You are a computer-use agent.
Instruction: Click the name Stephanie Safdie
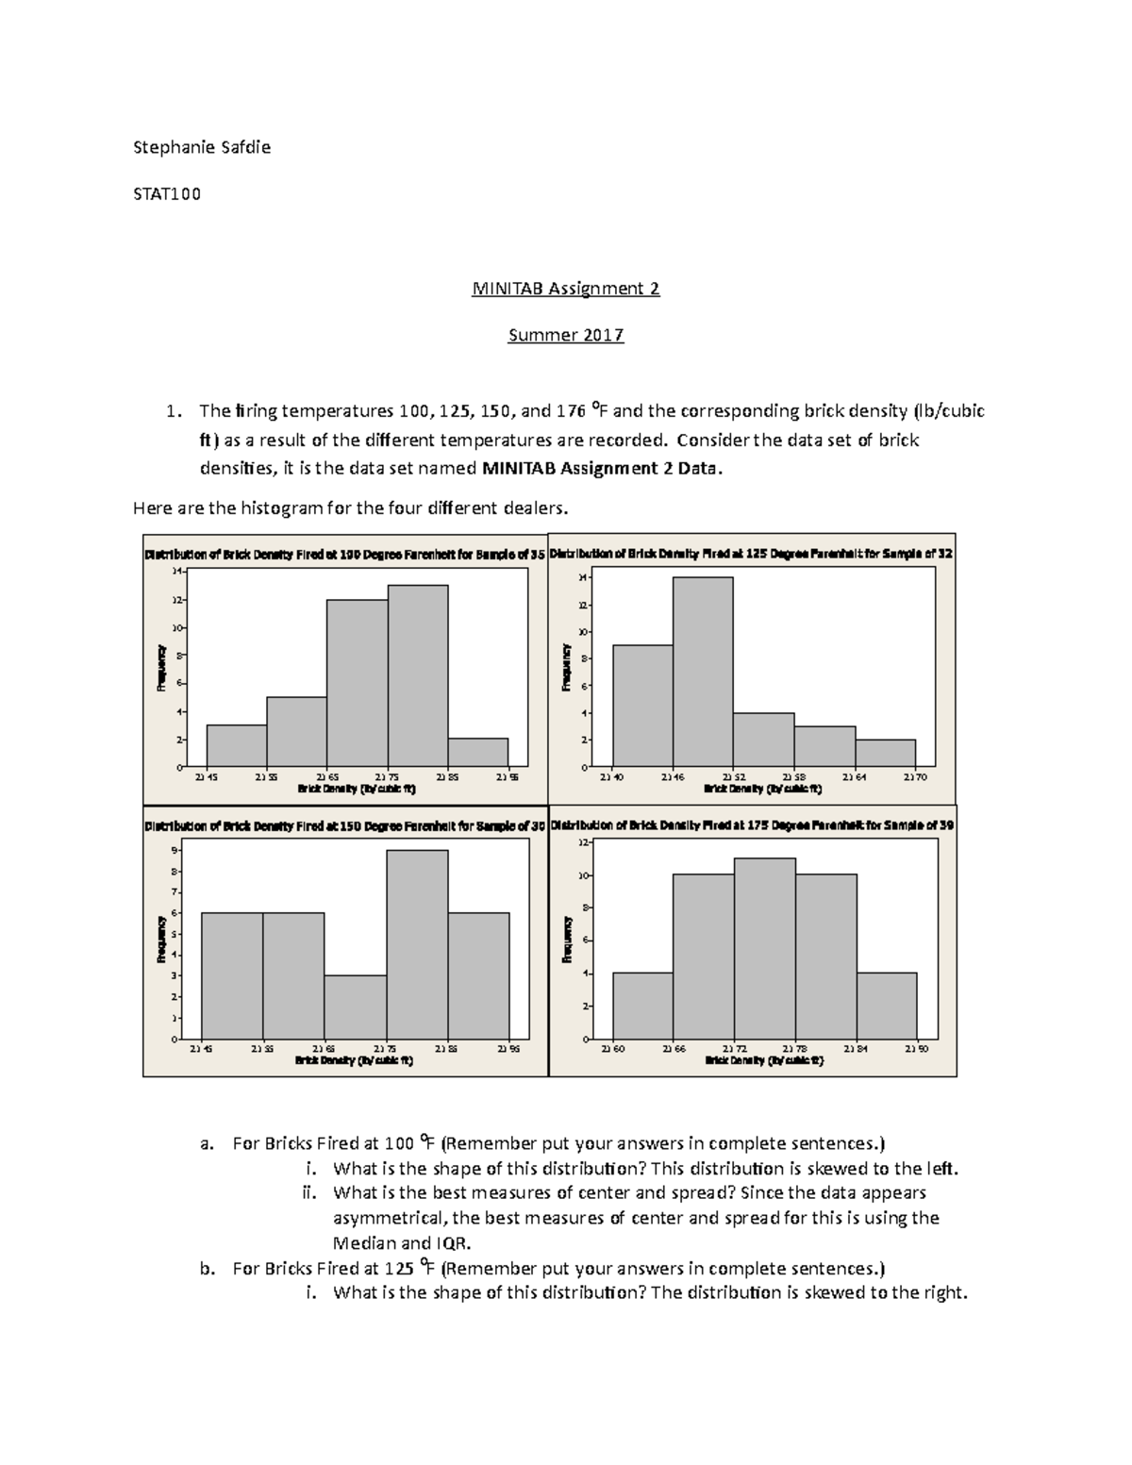[202, 147]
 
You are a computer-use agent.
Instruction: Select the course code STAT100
[167, 194]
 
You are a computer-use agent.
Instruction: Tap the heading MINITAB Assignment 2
[565, 289]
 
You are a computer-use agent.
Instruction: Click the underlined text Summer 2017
[565, 335]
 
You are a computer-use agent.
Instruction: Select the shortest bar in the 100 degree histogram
[477, 752]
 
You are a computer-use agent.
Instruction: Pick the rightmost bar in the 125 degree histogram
[885, 753]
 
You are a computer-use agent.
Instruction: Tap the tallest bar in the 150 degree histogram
[417, 944]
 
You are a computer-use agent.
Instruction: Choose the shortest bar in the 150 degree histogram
[355, 1007]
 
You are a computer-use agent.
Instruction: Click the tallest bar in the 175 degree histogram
[764, 948]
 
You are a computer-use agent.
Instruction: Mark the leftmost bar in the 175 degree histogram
[642, 1006]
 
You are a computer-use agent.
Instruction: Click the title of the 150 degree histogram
[345, 825]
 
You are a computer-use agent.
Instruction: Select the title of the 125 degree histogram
[751, 555]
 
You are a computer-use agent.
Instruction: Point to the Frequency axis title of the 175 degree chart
[567, 940]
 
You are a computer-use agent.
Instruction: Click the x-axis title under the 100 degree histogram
[356, 788]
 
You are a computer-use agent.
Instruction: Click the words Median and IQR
[402, 1242]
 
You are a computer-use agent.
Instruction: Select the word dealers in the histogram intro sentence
[536, 508]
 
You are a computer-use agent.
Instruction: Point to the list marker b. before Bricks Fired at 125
[208, 1268]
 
